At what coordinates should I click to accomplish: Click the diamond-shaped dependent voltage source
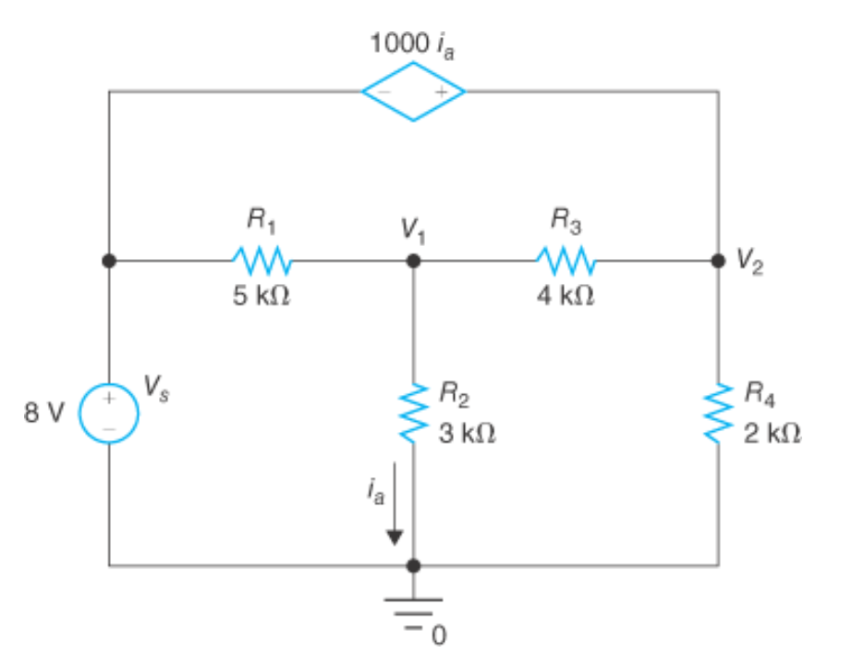[x=413, y=92]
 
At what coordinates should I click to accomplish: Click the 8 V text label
[x=44, y=413]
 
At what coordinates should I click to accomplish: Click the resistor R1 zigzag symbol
[x=262, y=261]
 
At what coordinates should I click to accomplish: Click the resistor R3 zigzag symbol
[x=566, y=261]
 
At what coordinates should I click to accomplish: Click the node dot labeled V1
[x=414, y=261]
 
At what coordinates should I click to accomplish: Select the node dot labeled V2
[x=718, y=261]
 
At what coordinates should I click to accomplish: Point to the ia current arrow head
[x=395, y=536]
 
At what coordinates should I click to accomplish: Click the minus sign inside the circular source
[x=108, y=429]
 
